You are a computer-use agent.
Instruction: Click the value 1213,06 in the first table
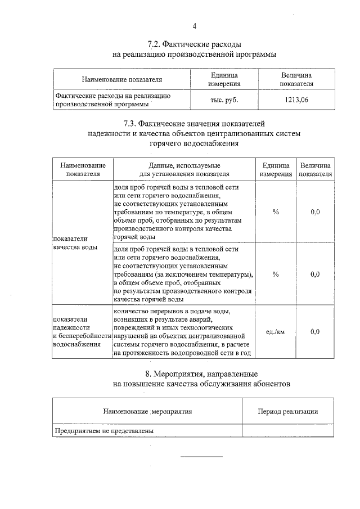click(296, 100)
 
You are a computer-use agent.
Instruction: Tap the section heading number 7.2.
click(155, 44)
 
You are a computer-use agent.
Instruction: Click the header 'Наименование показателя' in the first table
click(121, 79)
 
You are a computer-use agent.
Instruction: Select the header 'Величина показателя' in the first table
click(296, 79)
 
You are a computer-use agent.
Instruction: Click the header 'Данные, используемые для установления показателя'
click(184, 169)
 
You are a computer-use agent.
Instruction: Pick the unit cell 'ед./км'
click(275, 332)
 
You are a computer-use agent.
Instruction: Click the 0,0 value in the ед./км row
click(315, 332)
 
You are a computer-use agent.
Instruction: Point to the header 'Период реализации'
click(287, 411)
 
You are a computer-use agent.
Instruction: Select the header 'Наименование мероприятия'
click(147, 411)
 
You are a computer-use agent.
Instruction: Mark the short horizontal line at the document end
click(201, 456)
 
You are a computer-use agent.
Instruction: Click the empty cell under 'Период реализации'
click(287, 431)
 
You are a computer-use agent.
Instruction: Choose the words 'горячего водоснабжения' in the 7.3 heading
click(194, 143)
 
